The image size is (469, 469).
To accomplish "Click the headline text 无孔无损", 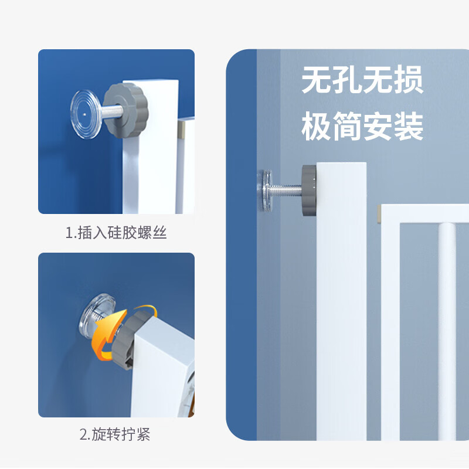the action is [x=362, y=80].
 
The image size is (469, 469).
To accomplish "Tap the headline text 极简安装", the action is [x=362, y=126].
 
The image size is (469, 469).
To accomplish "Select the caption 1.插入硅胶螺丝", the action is [x=116, y=232].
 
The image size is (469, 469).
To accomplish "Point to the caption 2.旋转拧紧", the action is [x=115, y=434].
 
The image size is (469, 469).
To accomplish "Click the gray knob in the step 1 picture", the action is [x=126, y=110].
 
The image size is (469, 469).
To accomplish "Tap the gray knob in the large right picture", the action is [x=309, y=190].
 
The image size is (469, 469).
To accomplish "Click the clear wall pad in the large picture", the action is [x=265, y=189].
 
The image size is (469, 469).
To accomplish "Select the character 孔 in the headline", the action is [x=346, y=80].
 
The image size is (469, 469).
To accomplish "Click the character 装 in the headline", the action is [x=408, y=126].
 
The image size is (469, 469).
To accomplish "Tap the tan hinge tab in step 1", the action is [x=181, y=130].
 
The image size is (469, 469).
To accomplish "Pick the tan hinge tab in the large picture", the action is [x=379, y=215].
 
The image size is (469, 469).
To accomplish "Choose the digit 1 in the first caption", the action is [x=69, y=233].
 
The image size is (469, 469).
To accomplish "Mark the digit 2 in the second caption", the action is [x=83, y=434].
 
